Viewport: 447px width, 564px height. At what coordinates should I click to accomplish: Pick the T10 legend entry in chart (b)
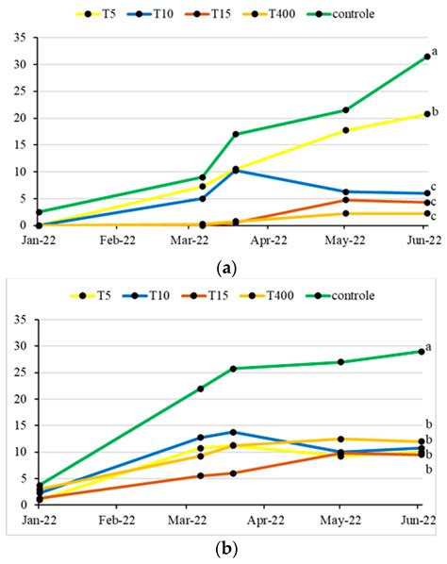point(153,295)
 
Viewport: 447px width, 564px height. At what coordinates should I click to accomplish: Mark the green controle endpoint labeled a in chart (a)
point(426,57)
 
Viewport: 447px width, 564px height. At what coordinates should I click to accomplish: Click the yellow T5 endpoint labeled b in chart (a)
point(426,114)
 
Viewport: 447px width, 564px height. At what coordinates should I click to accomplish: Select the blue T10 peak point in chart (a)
point(235,170)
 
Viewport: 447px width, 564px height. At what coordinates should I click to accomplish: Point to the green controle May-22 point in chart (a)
point(346,110)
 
